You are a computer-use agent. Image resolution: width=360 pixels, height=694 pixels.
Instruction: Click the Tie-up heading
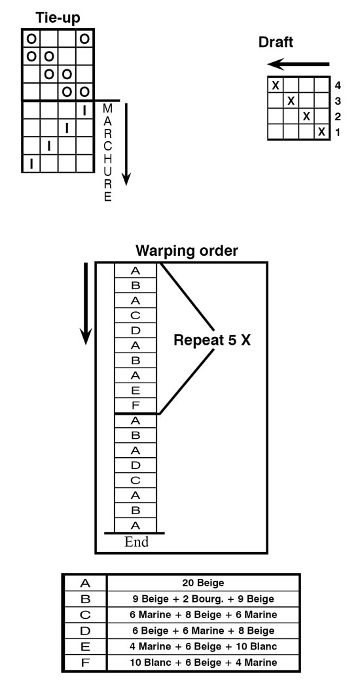[x=58, y=18]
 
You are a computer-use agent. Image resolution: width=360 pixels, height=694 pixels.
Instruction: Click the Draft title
[x=276, y=43]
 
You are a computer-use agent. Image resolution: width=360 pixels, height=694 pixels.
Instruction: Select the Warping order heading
[x=187, y=251]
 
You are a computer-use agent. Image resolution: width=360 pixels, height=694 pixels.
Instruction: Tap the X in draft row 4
[x=276, y=85]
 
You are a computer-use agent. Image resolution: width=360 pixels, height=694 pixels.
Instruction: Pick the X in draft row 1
[x=322, y=132]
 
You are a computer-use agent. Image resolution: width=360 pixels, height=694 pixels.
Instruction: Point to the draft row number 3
[x=338, y=101]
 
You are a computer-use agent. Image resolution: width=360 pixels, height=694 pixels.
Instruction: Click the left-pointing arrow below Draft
[x=298, y=65]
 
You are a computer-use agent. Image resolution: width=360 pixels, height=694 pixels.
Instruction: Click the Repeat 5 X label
[x=211, y=340]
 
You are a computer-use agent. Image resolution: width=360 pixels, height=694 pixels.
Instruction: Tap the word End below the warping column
[x=136, y=542]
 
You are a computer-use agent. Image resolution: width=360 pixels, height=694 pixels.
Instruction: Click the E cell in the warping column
[x=135, y=390]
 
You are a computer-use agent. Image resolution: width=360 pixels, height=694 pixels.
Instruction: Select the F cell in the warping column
[x=135, y=406]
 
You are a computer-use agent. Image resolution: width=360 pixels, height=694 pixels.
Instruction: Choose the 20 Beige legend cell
[x=204, y=583]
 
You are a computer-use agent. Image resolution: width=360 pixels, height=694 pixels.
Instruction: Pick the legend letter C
[x=85, y=615]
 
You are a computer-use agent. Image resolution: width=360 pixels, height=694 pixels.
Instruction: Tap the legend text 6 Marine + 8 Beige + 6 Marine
[x=204, y=615]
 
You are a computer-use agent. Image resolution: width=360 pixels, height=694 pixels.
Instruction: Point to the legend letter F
[x=85, y=663]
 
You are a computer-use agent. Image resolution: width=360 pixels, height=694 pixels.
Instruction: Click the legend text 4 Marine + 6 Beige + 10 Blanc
[x=204, y=647]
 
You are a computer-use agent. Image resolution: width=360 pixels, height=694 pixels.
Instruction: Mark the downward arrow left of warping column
[x=86, y=304]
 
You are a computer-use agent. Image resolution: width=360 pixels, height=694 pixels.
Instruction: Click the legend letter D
[x=85, y=631]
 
